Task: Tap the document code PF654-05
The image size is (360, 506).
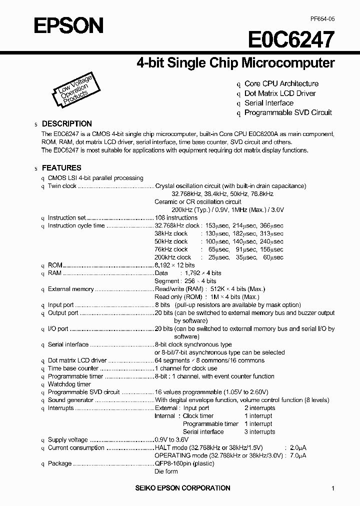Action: click(322, 18)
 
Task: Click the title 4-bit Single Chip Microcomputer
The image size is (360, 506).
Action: click(235, 63)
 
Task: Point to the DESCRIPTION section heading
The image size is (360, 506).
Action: click(66, 123)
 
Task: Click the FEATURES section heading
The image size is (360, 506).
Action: click(61, 168)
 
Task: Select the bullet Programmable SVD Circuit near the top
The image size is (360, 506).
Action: click(287, 112)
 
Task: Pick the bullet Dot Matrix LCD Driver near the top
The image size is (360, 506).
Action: click(279, 93)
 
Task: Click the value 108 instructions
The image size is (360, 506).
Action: click(176, 218)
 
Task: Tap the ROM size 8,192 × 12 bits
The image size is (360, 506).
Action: click(174, 265)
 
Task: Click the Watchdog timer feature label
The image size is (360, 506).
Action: click(69, 384)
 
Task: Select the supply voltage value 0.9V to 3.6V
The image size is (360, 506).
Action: click(171, 440)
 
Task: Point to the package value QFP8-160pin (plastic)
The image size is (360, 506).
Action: click(183, 463)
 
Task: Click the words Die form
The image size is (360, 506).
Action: click(166, 471)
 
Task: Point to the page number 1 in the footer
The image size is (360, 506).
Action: click(333, 488)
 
